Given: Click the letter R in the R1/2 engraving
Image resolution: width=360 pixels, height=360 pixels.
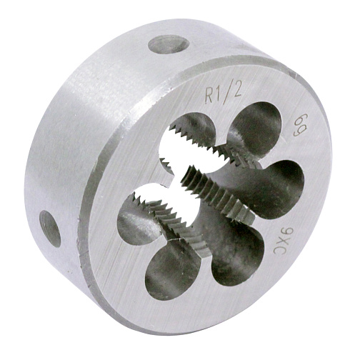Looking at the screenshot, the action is [209, 96].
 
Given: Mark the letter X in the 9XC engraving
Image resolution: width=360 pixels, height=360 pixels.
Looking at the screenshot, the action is [283, 241].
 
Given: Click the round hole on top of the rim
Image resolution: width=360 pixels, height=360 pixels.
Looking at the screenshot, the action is [169, 44].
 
